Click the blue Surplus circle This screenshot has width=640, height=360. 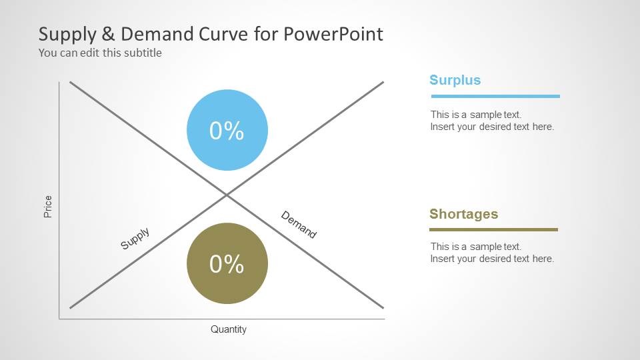[x=227, y=130]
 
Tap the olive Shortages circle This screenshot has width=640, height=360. [x=227, y=263]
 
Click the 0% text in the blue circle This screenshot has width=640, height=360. [x=227, y=131]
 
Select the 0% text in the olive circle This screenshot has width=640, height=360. [x=227, y=264]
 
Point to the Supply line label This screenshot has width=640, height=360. [x=135, y=239]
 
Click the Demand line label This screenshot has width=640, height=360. [x=299, y=224]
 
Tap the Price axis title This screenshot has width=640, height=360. [x=48, y=207]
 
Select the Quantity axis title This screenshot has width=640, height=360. [x=229, y=329]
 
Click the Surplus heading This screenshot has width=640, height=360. [x=455, y=80]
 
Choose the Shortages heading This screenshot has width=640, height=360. [x=464, y=214]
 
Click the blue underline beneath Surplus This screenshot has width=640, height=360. [x=495, y=96]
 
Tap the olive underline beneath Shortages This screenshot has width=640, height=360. [x=493, y=230]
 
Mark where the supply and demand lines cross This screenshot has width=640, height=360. [x=227, y=195]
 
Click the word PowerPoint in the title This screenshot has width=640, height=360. [x=333, y=34]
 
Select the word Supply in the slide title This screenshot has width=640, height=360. [x=67, y=35]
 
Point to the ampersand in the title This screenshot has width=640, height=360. [x=108, y=34]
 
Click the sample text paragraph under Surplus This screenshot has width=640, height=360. [x=492, y=121]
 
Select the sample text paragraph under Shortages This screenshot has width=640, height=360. [x=492, y=252]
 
